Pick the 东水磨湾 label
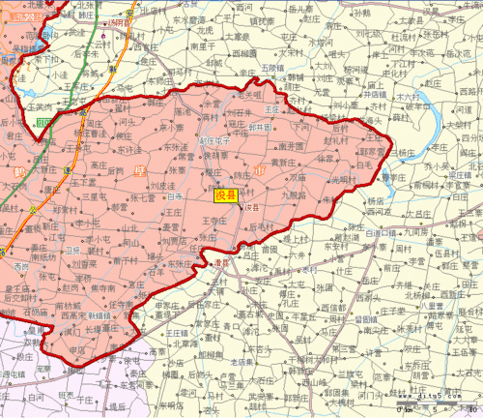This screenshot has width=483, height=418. pyautogui.click(x=189, y=19)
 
